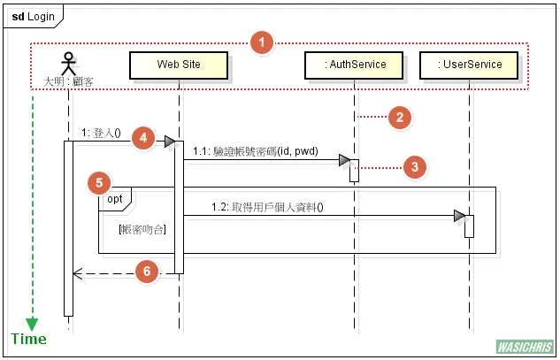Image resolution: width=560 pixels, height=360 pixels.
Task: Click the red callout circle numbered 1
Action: [x=262, y=41]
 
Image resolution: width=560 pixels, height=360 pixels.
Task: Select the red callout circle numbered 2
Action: [x=400, y=117]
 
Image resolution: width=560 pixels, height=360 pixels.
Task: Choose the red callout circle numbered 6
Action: [x=149, y=272]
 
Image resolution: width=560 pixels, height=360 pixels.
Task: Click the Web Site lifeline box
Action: [x=179, y=65]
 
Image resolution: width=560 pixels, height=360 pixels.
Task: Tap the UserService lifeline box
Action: [x=469, y=65]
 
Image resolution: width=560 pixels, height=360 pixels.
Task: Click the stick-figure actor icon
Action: [x=67, y=63]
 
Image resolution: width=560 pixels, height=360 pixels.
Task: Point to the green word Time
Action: [x=28, y=339]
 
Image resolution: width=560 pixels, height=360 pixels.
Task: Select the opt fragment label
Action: [x=115, y=199]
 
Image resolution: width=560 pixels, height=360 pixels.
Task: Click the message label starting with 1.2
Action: [x=267, y=207]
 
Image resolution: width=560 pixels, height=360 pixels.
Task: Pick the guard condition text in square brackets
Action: [x=142, y=229]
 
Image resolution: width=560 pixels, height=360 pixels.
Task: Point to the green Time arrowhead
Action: [x=32, y=323]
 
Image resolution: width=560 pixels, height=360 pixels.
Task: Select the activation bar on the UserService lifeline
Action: [x=469, y=226]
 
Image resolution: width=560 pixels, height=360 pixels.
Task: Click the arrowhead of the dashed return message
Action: [x=78, y=273]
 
